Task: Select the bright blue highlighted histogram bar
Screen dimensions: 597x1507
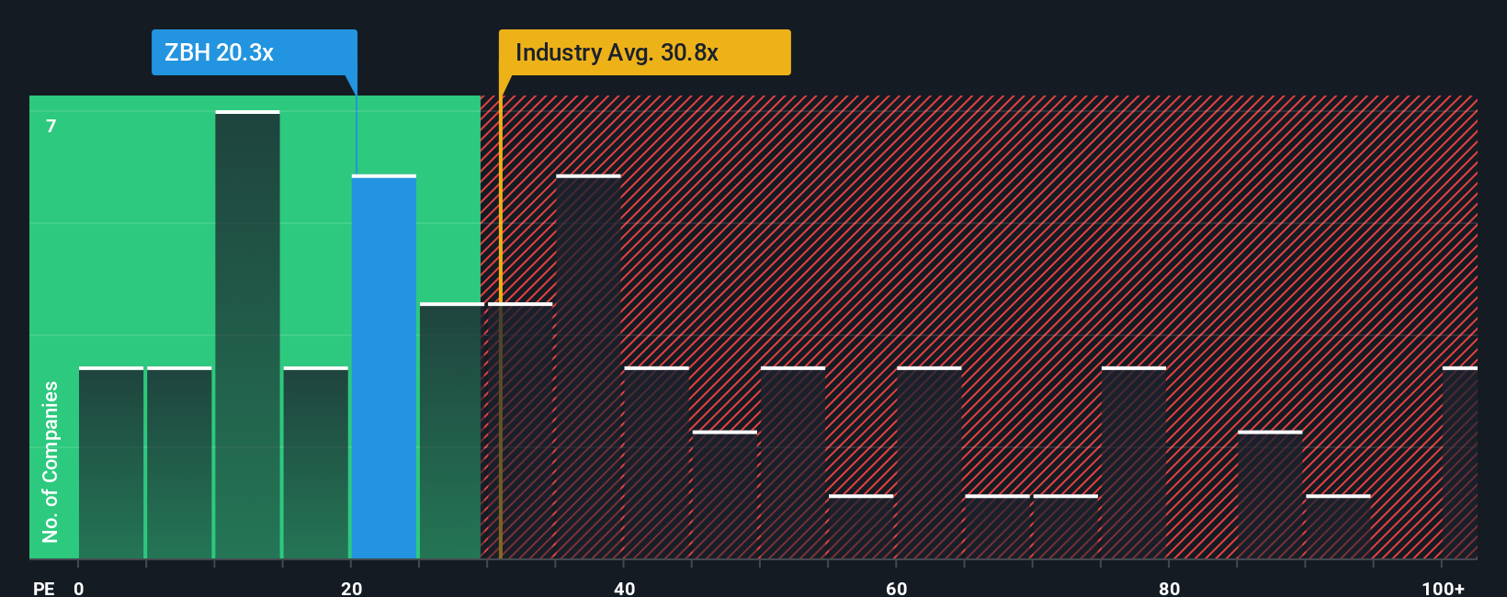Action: [384, 367]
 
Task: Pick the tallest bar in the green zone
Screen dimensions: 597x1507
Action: [247, 335]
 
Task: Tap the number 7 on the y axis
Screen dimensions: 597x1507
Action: [51, 126]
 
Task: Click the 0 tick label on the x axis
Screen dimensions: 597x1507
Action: [79, 588]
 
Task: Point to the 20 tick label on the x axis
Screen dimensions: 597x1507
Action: [351, 588]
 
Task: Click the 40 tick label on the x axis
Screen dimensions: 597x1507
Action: [624, 588]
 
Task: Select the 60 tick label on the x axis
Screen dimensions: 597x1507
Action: [896, 588]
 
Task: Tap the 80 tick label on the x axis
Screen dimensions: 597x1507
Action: [1169, 588]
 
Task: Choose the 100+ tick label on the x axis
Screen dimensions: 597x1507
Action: [1443, 588]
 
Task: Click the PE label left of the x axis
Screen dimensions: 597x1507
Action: [44, 588]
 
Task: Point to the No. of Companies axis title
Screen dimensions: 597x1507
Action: [51, 461]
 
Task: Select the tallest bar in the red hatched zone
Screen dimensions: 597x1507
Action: [588, 367]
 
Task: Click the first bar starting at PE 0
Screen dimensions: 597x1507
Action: [111, 464]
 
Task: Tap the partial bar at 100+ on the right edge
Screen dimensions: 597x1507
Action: [1460, 464]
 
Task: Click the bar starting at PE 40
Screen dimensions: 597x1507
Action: [656, 464]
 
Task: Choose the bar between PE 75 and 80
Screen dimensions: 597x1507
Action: [1134, 464]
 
